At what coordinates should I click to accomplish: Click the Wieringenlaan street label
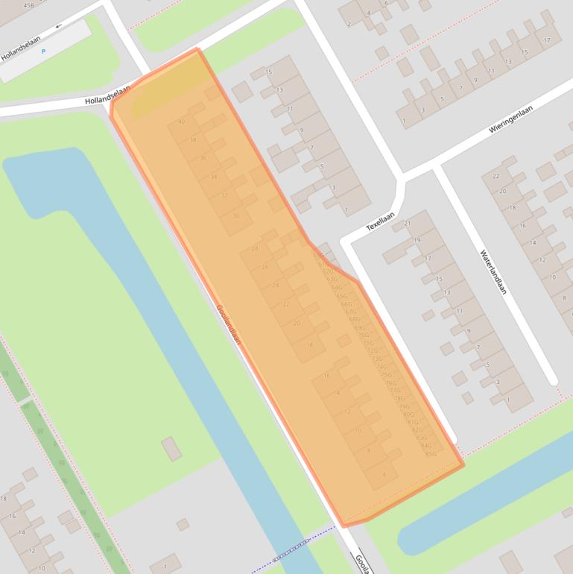513,119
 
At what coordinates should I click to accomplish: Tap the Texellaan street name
379,220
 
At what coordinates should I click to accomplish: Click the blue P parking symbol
43,51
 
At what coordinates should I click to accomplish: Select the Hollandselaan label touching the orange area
107,95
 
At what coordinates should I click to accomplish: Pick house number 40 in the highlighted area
182,122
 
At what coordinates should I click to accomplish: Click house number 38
193,140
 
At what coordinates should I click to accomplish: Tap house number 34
214,177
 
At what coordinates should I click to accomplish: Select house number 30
236,216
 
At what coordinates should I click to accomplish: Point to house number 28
255,248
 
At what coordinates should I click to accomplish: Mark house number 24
276,286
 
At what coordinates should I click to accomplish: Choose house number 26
265,267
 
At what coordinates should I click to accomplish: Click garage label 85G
430,453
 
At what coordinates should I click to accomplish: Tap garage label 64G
337,287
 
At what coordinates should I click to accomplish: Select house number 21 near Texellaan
407,224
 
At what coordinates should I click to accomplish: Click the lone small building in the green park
171,449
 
